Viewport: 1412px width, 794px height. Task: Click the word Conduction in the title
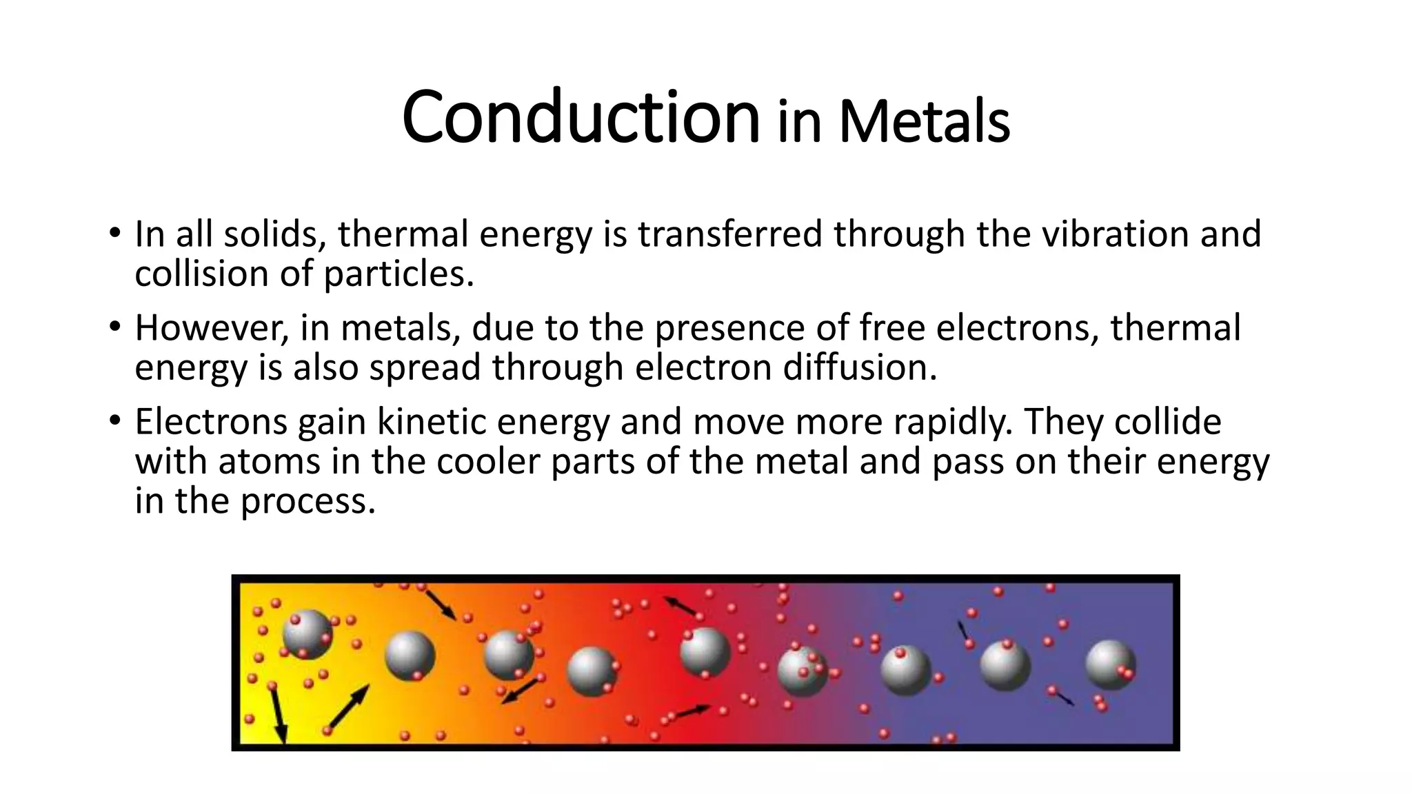point(581,117)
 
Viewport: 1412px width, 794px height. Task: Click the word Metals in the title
point(924,123)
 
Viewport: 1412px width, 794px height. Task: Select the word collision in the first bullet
point(201,274)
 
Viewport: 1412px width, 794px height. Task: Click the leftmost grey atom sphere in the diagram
point(307,635)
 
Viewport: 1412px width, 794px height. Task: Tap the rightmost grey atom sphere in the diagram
point(1110,664)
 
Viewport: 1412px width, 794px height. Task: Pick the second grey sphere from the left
point(410,655)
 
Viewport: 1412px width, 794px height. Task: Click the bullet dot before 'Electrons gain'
point(114,420)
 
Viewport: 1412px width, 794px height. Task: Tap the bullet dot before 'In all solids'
point(114,232)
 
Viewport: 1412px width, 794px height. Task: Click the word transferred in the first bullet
point(730,234)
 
